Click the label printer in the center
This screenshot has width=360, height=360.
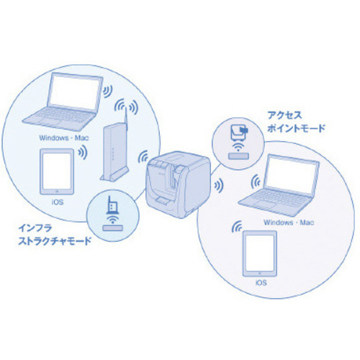pyautogui.click(x=179, y=184)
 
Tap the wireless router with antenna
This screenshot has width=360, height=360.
pyautogui.click(x=114, y=149)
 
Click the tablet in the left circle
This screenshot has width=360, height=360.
pyautogui.click(x=57, y=172)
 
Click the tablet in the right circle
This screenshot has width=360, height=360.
pyautogui.click(x=260, y=253)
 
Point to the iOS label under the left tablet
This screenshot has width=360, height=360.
pyautogui.click(x=58, y=202)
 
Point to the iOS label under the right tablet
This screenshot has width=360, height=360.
pyautogui.click(x=261, y=283)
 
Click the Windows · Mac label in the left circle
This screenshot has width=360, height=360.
pyautogui.click(x=64, y=138)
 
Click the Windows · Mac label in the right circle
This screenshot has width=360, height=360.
pyautogui.click(x=289, y=222)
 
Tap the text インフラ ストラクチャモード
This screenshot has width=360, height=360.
pyautogui.click(x=55, y=235)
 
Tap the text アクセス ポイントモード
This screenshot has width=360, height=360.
pyautogui.click(x=296, y=122)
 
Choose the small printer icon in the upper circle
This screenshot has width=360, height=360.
pyautogui.click(x=239, y=132)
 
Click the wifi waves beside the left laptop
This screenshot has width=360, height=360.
pyautogui.click(x=108, y=91)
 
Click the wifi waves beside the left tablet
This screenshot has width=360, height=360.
pyautogui.click(x=83, y=153)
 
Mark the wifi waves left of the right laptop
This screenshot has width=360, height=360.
pyautogui.click(x=256, y=182)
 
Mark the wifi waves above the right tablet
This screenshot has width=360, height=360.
pyautogui.click(x=237, y=227)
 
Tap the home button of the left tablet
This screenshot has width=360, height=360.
pyautogui.click(x=57, y=192)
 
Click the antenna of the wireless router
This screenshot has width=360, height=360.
pyautogui.click(x=126, y=118)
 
